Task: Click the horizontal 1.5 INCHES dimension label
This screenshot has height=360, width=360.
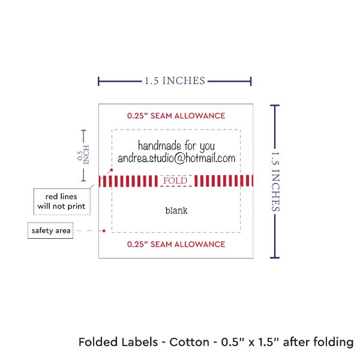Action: (x=175, y=80)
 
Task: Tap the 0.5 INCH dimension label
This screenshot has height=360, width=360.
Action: (x=83, y=155)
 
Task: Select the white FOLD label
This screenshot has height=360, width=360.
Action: (x=176, y=181)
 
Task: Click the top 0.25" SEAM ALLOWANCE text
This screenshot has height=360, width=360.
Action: (x=176, y=115)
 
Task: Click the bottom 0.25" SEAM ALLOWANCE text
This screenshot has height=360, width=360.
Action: (x=176, y=244)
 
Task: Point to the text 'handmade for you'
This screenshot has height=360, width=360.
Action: (x=176, y=146)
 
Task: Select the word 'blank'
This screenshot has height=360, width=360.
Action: (x=176, y=211)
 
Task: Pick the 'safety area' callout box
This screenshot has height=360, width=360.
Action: (x=50, y=230)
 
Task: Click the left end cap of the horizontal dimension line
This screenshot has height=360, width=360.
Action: (x=99, y=80)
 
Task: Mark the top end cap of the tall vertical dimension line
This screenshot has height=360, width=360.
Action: (x=275, y=106)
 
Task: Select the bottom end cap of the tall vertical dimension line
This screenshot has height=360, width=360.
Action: (x=275, y=257)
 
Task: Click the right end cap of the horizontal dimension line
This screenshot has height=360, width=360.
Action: (x=251, y=80)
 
